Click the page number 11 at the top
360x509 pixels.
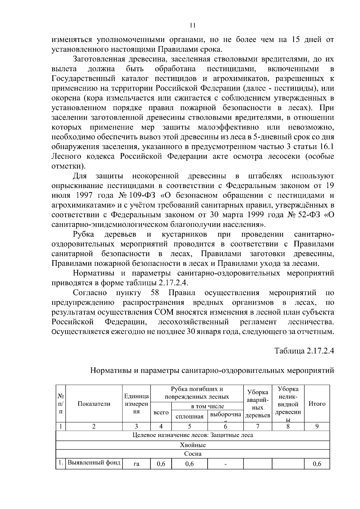tap(193, 25)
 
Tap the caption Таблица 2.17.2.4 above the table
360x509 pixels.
tap(304, 351)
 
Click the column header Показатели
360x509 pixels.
tap(94, 404)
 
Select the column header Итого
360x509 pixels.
tap(317, 404)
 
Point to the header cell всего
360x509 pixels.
tap(161, 413)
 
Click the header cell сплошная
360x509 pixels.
tap(189, 416)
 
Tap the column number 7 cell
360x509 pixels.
tap(257, 427)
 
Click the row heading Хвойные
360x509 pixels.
tap(193, 445)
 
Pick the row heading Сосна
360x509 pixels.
tap(193, 454)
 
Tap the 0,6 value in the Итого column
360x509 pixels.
tap(317, 464)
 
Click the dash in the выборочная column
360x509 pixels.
tap(225, 465)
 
